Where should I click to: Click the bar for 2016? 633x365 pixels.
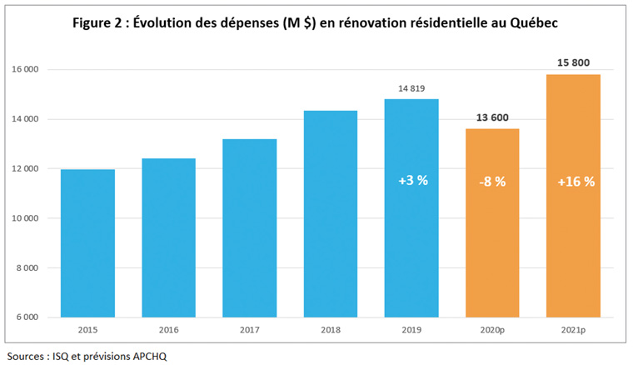pos(168,237)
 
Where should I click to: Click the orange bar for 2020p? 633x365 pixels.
pos(492,250)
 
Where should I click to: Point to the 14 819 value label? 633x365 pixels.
pos(411,89)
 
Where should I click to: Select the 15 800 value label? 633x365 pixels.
pos(573,62)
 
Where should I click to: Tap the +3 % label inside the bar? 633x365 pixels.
pos(411,180)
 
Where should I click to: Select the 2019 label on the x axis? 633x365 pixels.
pos(411,330)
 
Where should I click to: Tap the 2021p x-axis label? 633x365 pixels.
pos(573,330)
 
